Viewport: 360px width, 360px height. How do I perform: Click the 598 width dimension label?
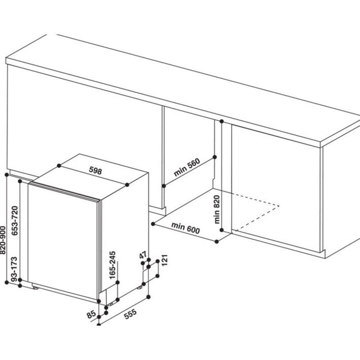95,171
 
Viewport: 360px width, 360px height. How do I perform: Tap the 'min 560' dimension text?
187,167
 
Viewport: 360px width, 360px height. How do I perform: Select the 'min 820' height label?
217,209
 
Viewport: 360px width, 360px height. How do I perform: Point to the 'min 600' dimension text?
186,228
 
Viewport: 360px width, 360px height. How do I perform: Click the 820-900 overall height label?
3,240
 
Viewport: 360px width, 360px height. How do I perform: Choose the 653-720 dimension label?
15,220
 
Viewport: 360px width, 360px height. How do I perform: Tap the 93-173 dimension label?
15,269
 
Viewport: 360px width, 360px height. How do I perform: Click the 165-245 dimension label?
112,265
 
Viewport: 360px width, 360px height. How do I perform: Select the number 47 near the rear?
143,255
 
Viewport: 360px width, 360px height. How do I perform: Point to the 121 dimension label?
165,260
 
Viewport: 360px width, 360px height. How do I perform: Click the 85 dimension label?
92,314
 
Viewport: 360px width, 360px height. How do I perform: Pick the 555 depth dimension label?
130,314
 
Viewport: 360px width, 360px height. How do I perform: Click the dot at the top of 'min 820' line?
222,121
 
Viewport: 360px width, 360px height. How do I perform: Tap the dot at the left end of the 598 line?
59,165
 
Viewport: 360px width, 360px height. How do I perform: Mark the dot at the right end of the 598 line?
127,184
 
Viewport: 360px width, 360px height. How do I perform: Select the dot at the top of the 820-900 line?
7,175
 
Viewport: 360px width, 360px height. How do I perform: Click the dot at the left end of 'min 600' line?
153,224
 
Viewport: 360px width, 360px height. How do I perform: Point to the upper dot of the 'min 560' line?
215,157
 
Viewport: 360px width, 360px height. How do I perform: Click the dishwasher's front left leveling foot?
35,287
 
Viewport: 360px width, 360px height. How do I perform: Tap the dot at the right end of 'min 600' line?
217,241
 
